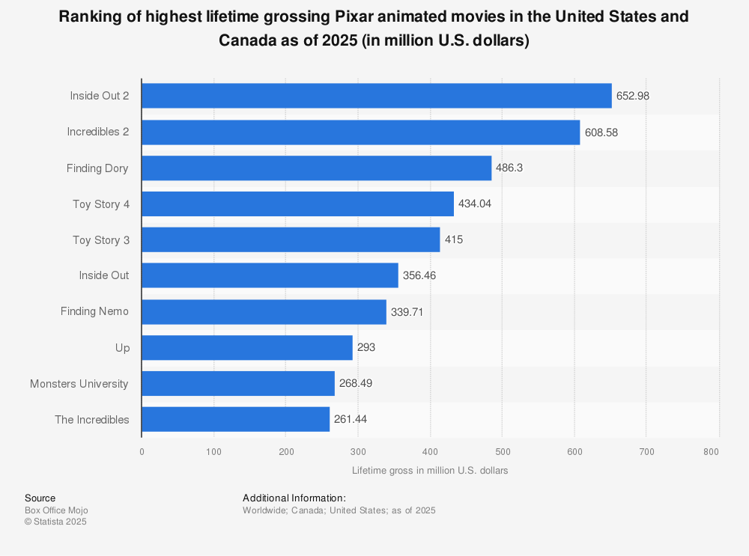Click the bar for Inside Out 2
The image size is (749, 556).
376,96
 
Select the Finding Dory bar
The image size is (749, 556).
316,168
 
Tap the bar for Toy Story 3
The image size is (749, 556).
291,239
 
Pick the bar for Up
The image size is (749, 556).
247,347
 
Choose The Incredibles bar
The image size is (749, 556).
235,419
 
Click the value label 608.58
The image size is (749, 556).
601,132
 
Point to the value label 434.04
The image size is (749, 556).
475,204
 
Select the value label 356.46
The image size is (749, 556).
419,275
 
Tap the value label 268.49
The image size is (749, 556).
356,383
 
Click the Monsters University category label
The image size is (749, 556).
79,384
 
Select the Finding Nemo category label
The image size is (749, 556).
94,311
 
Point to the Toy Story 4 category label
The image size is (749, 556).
100,204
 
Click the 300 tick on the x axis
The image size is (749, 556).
358,452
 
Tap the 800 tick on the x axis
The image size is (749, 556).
712,452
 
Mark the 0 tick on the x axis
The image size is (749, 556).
142,452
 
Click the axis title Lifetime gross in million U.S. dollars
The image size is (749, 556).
430,471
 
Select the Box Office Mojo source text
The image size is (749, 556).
56,510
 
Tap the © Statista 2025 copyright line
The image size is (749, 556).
55,522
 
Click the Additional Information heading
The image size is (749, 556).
294,498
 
